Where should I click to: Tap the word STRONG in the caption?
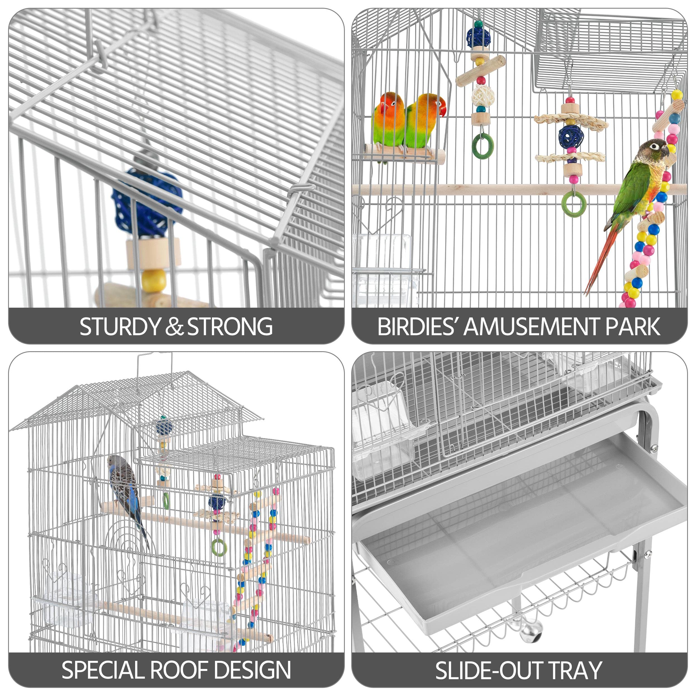pos(230,327)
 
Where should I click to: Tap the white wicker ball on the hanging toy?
pos(481,95)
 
